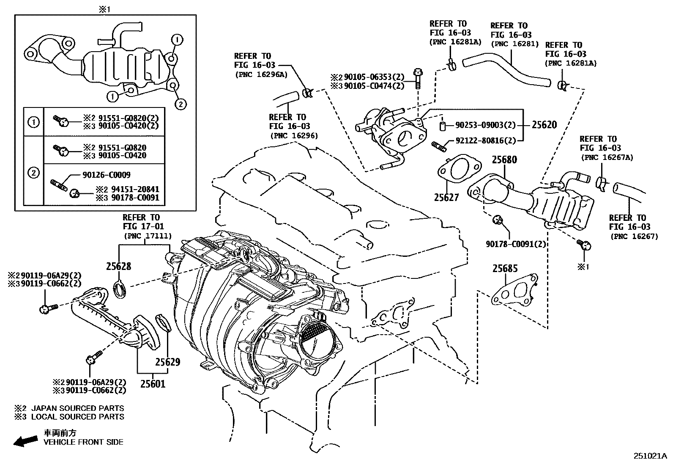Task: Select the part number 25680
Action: [x=504, y=160]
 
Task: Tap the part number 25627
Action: [x=446, y=197]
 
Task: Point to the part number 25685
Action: [x=505, y=269]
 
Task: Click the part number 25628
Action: [x=118, y=266]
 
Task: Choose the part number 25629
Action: [x=167, y=362]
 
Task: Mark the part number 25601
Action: [x=153, y=384]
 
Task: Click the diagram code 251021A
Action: [x=650, y=456]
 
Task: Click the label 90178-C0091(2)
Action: [x=516, y=244]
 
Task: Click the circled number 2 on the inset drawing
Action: [x=180, y=104]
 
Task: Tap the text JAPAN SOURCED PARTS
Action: [x=77, y=408]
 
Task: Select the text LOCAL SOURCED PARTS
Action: [x=77, y=417]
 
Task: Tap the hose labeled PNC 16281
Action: [x=507, y=70]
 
